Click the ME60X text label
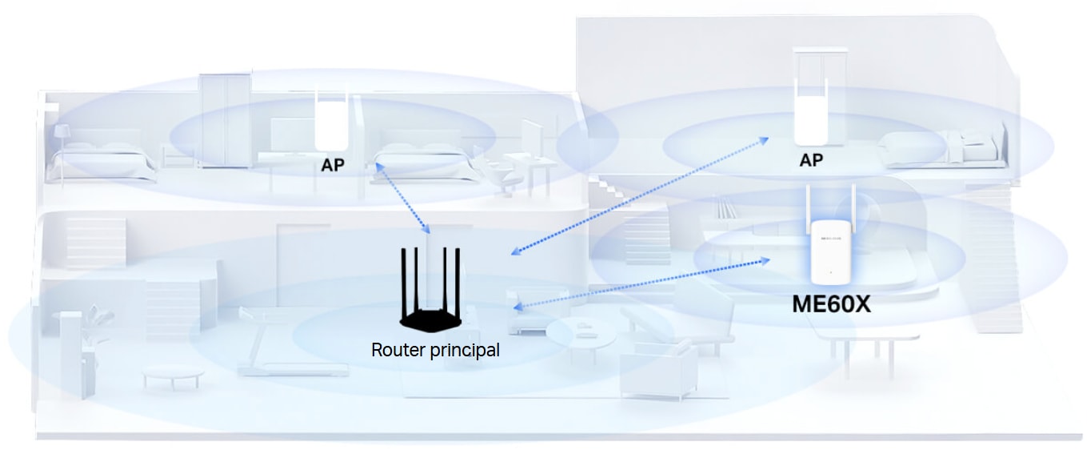pos(830,304)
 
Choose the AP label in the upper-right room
pos(811,161)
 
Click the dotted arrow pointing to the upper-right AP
pos(640,195)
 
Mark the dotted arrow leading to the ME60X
pos(640,283)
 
